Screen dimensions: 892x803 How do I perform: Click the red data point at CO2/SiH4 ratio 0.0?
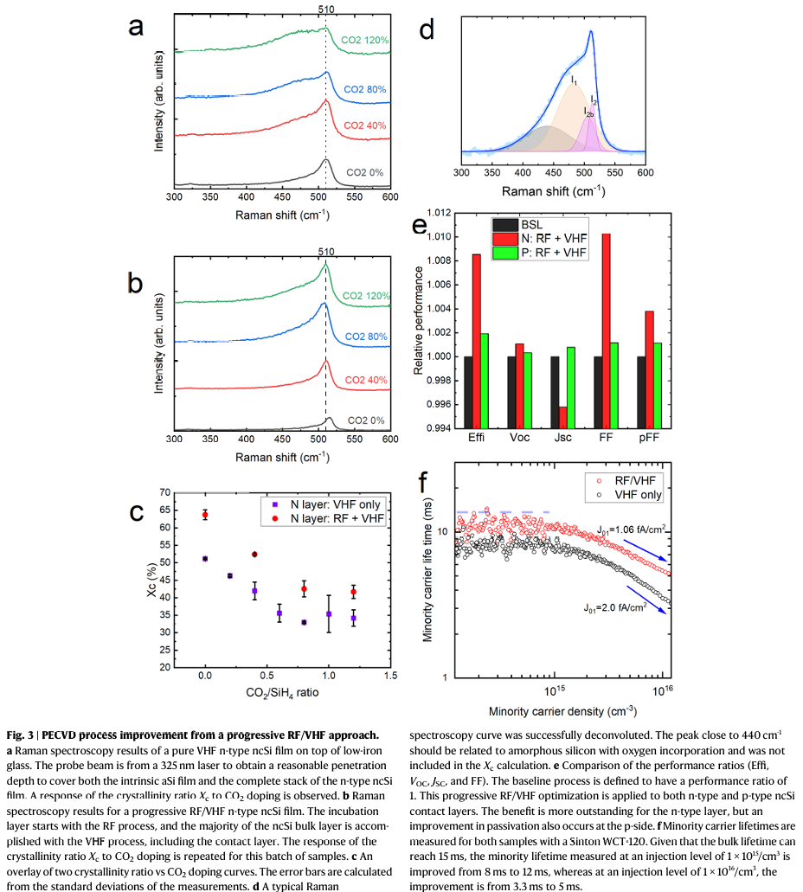click(205, 515)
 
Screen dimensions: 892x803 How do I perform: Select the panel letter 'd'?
click(426, 29)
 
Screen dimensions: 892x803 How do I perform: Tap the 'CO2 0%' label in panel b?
click(366, 420)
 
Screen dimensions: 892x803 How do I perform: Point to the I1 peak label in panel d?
click(575, 80)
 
